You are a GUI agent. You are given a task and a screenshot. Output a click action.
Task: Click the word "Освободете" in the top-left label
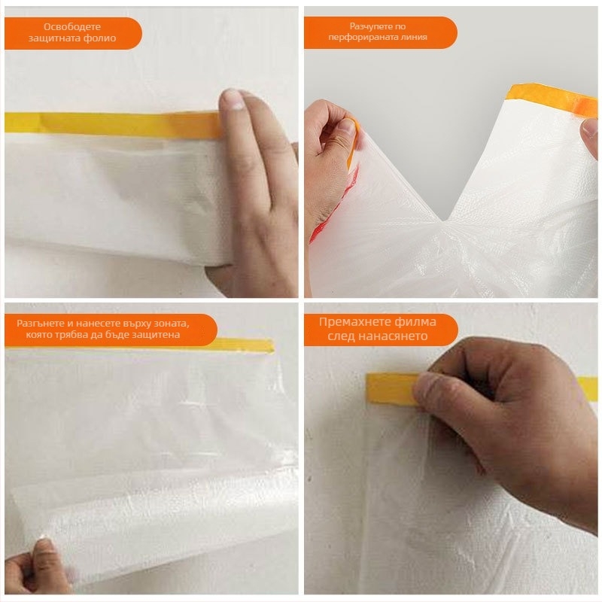click(x=72, y=27)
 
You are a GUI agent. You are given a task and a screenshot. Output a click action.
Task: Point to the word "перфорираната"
click(x=361, y=37)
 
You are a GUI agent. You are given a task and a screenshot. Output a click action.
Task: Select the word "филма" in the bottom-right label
click(x=415, y=322)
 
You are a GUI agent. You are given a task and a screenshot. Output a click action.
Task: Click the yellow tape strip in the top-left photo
click(x=111, y=124)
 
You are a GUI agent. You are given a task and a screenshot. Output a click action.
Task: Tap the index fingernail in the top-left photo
click(x=233, y=99)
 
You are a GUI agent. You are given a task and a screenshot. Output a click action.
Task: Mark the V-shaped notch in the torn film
click(x=444, y=220)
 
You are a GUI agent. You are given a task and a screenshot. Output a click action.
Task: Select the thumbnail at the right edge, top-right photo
click(x=591, y=128)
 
